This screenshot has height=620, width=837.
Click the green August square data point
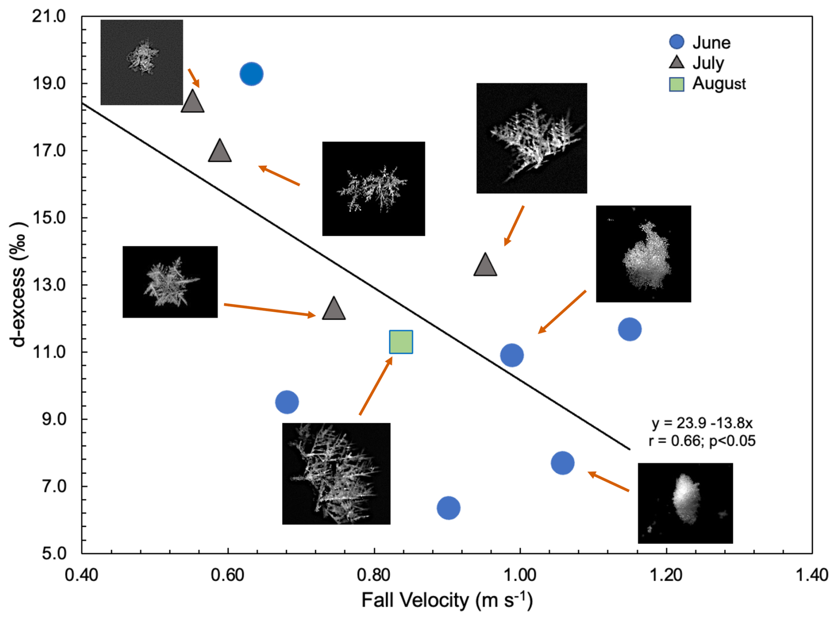401,342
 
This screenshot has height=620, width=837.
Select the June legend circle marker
676,42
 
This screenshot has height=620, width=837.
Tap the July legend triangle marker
676,62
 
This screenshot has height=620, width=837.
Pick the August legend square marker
676,84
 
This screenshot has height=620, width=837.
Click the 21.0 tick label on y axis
49,16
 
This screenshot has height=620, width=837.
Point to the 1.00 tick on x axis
520,575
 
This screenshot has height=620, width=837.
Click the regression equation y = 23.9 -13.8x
702,423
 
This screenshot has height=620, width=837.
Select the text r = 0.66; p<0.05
702,441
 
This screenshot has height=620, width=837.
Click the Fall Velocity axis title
447,600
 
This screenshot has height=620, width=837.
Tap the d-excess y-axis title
19,284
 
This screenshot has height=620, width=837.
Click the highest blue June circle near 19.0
251,74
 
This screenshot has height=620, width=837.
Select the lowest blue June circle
448,508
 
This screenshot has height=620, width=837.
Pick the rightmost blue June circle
630,329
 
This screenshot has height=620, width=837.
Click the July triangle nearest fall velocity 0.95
485,265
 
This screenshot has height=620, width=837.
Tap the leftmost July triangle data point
192,102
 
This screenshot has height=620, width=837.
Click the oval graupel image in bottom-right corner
685,503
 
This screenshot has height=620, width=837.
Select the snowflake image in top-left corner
142,62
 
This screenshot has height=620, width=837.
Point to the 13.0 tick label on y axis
49,285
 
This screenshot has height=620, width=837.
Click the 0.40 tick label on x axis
81,575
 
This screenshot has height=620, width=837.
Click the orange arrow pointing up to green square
376,386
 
